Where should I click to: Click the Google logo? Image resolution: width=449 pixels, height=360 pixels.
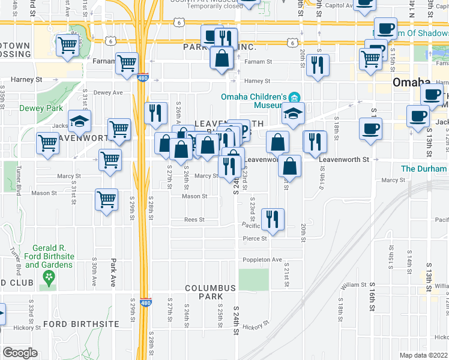[x=20, y=353]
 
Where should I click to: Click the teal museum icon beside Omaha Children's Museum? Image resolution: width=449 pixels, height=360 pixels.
[x=294, y=97]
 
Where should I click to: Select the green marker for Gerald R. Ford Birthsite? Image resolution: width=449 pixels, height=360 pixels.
[x=48, y=277]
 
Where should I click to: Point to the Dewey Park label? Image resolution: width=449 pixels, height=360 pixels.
[x=24, y=109]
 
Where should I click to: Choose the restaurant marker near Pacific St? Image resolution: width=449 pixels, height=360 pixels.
[x=273, y=219]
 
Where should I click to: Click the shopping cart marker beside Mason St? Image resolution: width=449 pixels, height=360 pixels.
[x=107, y=199]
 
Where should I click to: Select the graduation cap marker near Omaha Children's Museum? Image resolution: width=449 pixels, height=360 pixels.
[x=292, y=114]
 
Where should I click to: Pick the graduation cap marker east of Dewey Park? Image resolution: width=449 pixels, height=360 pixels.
[x=79, y=122]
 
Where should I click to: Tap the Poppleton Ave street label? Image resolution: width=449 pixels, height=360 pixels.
[x=262, y=260]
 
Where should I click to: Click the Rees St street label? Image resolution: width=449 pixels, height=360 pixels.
[x=194, y=220]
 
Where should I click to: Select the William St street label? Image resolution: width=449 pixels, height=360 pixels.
[x=355, y=285]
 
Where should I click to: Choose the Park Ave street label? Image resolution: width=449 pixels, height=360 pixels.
[x=112, y=272]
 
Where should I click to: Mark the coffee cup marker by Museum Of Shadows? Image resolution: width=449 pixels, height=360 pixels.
[x=385, y=28]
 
